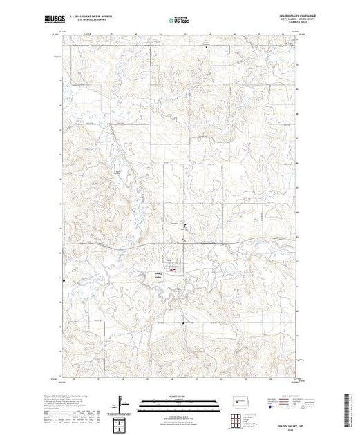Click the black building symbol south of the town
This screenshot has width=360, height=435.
pyautogui.click(x=182, y=323)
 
